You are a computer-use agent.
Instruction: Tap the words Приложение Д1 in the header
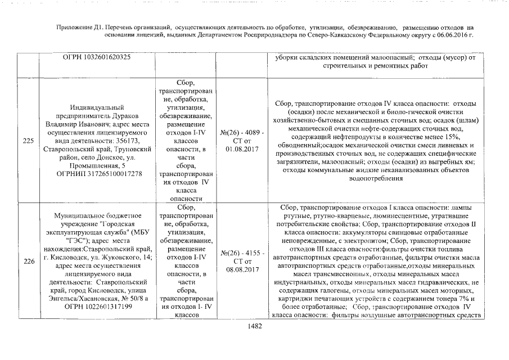79,27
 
